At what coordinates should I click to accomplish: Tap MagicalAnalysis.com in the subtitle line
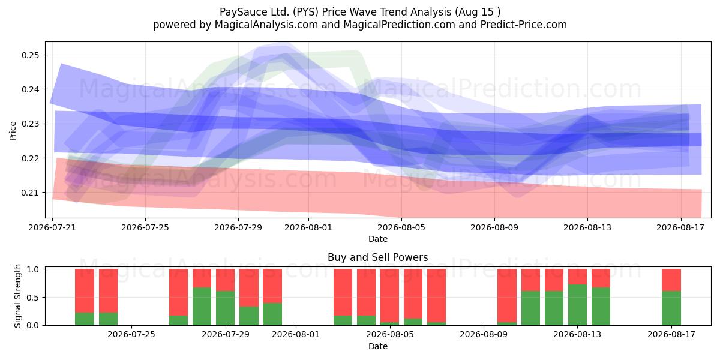point(266,25)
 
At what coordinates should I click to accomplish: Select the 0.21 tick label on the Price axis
point(31,193)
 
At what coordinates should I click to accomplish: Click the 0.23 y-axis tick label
point(31,124)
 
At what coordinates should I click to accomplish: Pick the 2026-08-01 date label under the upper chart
point(308,227)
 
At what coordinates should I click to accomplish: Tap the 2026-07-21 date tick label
point(52,227)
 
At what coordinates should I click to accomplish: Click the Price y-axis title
point(13,131)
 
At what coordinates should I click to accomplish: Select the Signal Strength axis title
point(17,296)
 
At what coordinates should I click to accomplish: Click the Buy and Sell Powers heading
point(377,257)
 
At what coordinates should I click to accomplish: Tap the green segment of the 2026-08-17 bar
point(671,308)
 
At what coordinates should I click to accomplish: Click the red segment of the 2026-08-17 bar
point(671,280)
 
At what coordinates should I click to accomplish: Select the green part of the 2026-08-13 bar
point(577,305)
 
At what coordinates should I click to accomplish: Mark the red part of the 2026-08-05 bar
point(389,296)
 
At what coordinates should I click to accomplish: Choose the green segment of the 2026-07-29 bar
point(226,308)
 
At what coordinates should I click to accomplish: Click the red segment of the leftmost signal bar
point(85,291)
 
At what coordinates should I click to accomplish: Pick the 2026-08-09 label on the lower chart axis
point(484,334)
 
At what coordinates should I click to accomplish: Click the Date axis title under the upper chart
point(377,239)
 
